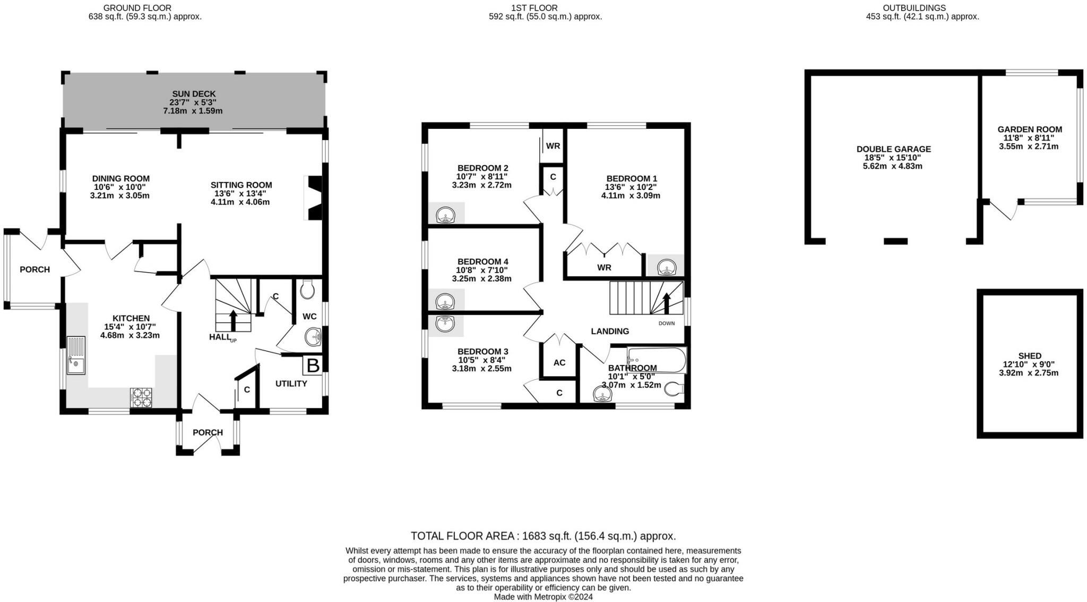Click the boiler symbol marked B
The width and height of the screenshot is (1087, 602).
point(313,365)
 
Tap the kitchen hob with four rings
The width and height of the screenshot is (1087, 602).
point(141,397)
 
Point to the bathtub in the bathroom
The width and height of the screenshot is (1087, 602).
point(656,360)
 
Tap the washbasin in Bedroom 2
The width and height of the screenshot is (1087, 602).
point(445,215)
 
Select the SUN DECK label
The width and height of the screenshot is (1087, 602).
point(193,93)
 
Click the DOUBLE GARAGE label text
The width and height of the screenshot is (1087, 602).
point(894,149)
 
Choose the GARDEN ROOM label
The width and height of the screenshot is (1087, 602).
point(1030,129)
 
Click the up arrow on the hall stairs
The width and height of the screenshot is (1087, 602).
point(233,320)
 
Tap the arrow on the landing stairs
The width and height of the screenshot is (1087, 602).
point(667,303)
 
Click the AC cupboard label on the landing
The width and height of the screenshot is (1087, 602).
point(559,363)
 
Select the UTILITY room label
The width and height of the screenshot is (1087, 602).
point(291,383)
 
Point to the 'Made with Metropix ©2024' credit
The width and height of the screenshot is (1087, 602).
point(543,597)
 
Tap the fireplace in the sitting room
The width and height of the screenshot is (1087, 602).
point(313,198)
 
